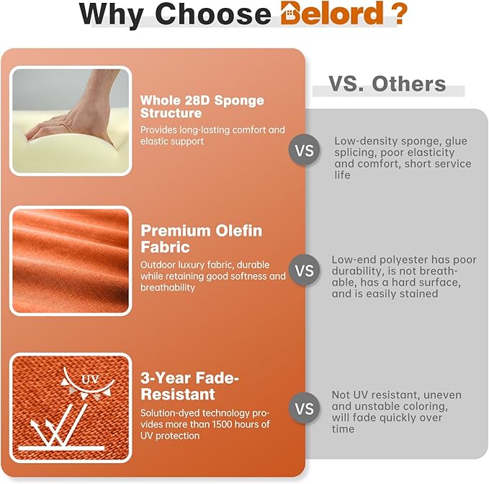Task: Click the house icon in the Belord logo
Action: point(290,12)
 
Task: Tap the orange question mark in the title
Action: point(400,12)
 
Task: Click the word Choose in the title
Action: point(213,14)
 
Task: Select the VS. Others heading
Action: point(387,84)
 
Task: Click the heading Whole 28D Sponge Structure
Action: point(202,107)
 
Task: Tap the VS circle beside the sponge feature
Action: point(305,151)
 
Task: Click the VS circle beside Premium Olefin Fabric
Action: point(305,270)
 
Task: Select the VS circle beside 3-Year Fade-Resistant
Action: point(305,408)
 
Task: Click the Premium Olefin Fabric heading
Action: point(202,239)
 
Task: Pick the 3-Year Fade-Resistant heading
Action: point(189,386)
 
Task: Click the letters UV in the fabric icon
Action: point(90,379)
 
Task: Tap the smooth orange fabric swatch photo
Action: point(71,261)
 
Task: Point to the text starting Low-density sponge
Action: point(403,158)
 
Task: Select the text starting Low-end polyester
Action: point(404,277)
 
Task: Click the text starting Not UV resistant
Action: point(396,412)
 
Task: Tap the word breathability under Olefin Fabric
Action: point(168,288)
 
